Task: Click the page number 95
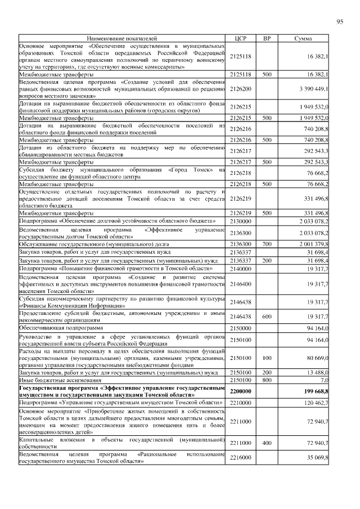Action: [339, 22]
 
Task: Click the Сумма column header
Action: [304, 38]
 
